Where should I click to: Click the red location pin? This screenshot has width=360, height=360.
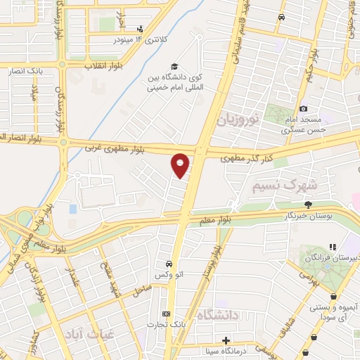click(x=181, y=165)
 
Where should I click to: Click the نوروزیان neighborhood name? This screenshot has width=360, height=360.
click(x=240, y=119)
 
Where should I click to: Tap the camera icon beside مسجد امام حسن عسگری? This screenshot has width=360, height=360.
click(x=304, y=108)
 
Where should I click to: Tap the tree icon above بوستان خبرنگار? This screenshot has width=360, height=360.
click(x=308, y=204)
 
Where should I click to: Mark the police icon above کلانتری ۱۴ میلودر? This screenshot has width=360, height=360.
click(x=141, y=29)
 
